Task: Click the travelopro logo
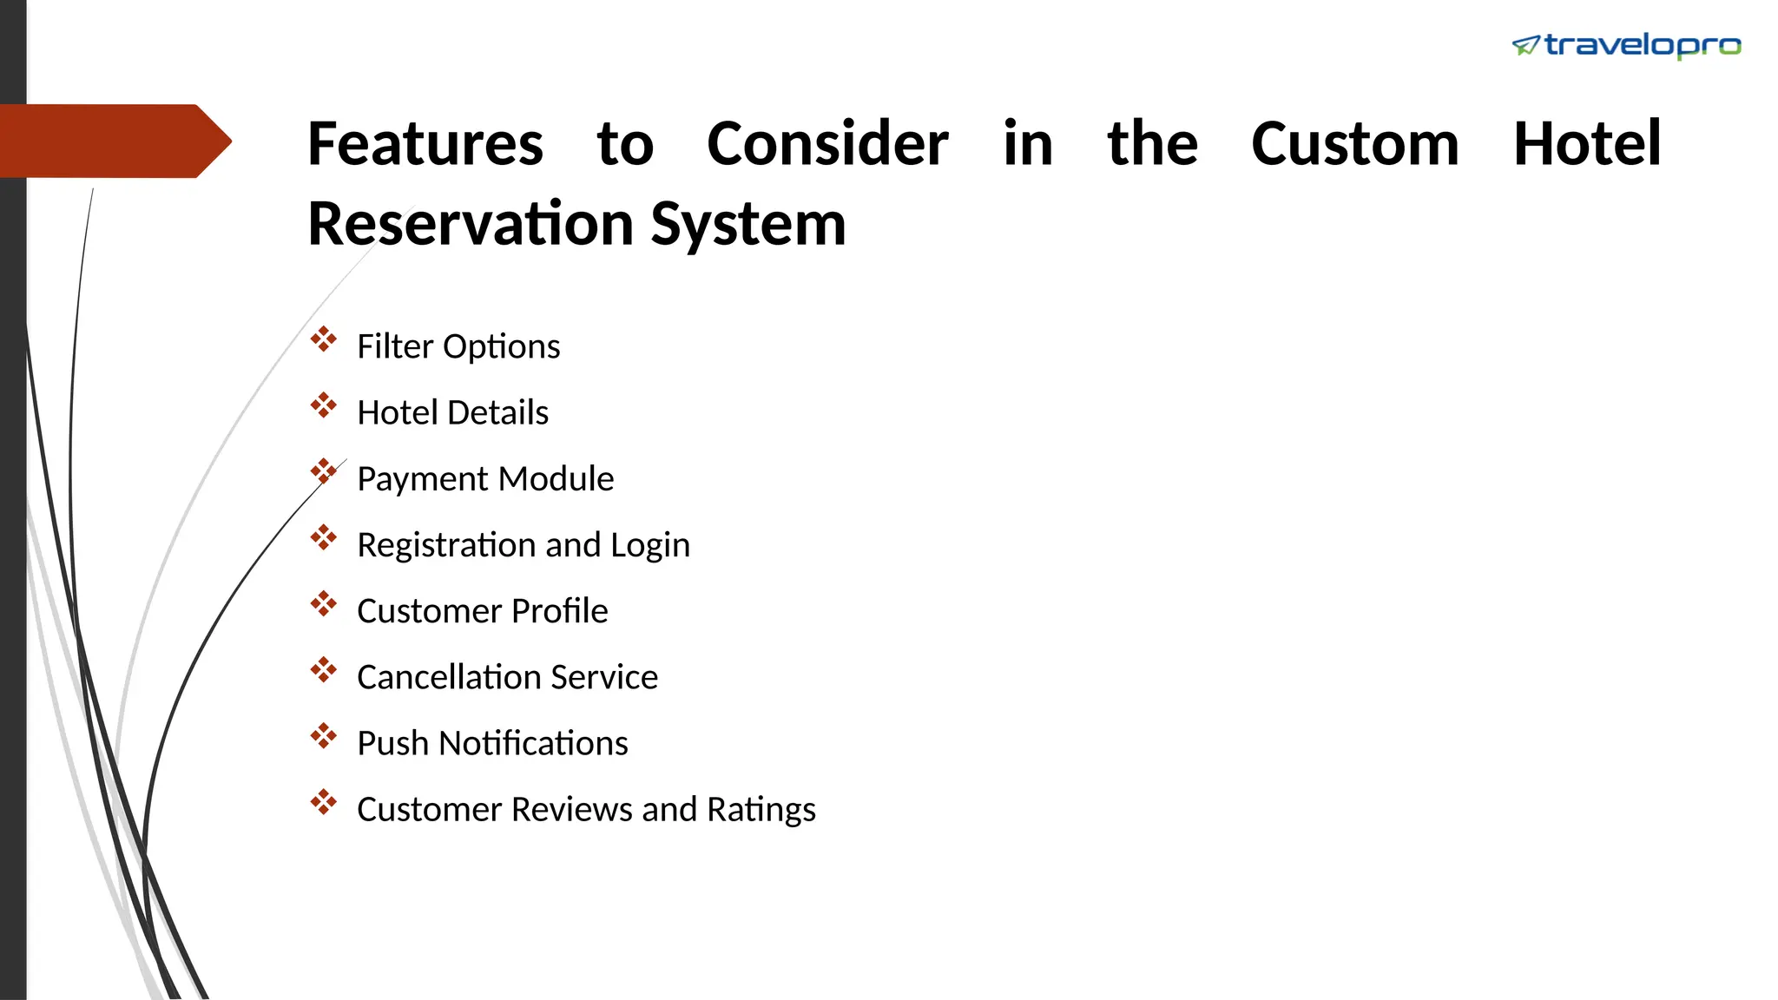point(1626,45)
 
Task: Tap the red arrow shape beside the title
point(113,141)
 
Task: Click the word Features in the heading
point(425,144)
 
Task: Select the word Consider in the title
point(827,144)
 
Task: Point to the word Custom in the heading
point(1354,144)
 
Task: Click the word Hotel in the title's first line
point(1587,144)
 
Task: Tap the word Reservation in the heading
point(471,224)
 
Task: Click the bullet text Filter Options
point(458,346)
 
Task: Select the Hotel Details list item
point(452,412)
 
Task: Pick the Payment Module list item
point(485,479)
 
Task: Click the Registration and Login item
point(524,545)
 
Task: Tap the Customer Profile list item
point(482,611)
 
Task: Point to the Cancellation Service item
point(507,677)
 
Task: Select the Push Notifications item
point(492,744)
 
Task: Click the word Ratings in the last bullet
point(761,810)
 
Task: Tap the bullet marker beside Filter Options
point(324,339)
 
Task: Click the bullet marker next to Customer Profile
point(324,604)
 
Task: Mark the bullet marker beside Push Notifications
point(324,736)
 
